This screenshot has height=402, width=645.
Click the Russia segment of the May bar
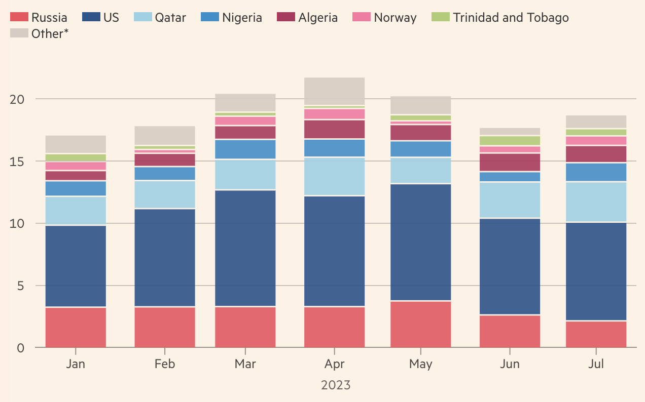(420, 324)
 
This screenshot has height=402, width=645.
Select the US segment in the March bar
(245, 248)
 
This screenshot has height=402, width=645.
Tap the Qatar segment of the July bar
(596, 202)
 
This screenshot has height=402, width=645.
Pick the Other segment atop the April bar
(334, 91)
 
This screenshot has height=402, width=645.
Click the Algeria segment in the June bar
(510, 162)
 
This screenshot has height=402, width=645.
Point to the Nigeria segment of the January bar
(76, 188)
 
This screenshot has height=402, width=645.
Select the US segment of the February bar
(165, 258)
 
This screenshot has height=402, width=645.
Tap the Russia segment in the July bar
(596, 334)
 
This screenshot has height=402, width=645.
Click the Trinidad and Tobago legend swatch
(440, 17)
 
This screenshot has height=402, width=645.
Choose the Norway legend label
(395, 18)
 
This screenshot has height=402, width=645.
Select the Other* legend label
(50, 34)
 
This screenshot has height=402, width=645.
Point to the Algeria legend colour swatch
(285, 17)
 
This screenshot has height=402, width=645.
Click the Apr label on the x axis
(334, 364)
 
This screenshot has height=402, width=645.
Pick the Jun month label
(510, 364)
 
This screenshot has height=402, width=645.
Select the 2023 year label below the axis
(335, 385)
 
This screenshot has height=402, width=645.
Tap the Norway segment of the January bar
(76, 166)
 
